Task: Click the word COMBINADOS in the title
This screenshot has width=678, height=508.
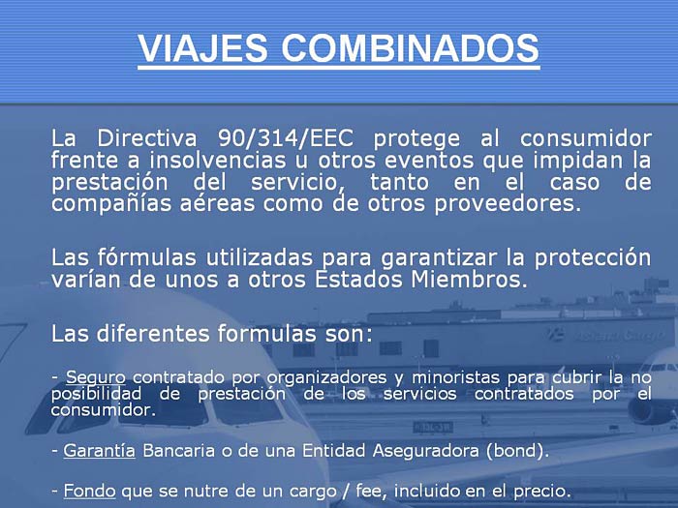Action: pyautogui.click(x=411, y=48)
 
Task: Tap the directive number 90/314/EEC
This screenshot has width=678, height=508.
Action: pyautogui.click(x=286, y=139)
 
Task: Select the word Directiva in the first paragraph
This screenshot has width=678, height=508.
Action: pyautogui.click(x=147, y=138)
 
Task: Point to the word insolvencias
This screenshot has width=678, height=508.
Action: pyautogui.click(x=218, y=161)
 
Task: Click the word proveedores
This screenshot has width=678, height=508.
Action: pyautogui.click(x=508, y=204)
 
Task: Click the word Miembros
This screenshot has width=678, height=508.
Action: pyautogui.click(x=469, y=280)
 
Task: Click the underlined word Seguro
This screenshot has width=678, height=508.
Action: pyautogui.click(x=96, y=377)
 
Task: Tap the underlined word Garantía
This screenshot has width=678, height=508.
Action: pyautogui.click(x=100, y=451)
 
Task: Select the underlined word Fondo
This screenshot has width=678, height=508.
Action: pyautogui.click(x=89, y=492)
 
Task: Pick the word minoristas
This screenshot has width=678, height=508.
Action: pyautogui.click(x=456, y=377)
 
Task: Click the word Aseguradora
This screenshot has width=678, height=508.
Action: pyautogui.click(x=426, y=451)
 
